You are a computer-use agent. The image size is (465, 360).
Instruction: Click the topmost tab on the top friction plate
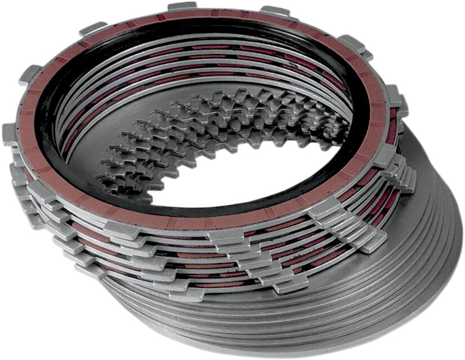pyautogui.click(x=182, y=6)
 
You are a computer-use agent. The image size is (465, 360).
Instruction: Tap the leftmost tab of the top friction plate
pyautogui.click(x=10, y=134)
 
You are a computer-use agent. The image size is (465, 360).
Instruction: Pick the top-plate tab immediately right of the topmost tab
pyautogui.click(x=275, y=11)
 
